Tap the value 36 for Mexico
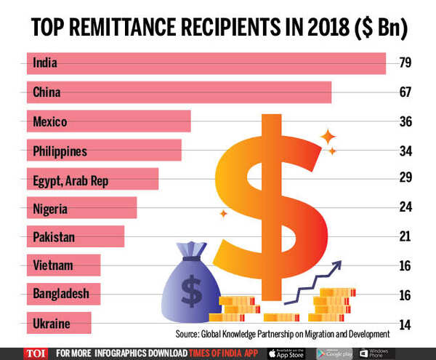click(x=405, y=121)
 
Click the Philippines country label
click(x=60, y=151)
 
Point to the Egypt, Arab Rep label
click(x=70, y=180)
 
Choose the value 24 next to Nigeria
click(x=405, y=207)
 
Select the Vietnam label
click(x=53, y=265)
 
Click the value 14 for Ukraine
click(x=405, y=324)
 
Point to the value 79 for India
click(x=405, y=63)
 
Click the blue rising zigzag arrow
click(x=312, y=280)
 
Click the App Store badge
click(x=288, y=353)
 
